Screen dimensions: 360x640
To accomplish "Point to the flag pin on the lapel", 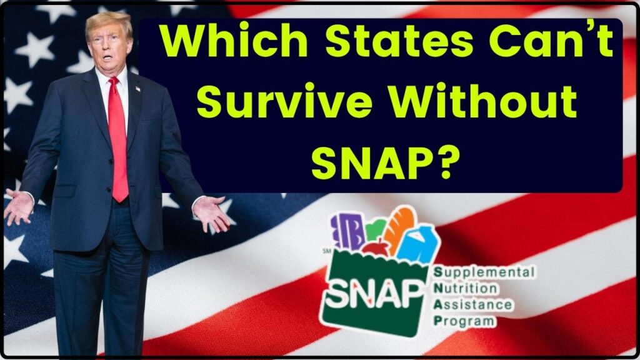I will click(138, 89).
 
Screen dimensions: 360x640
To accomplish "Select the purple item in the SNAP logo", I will click(346, 232).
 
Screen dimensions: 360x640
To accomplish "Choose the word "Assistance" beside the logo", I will click(477, 305).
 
